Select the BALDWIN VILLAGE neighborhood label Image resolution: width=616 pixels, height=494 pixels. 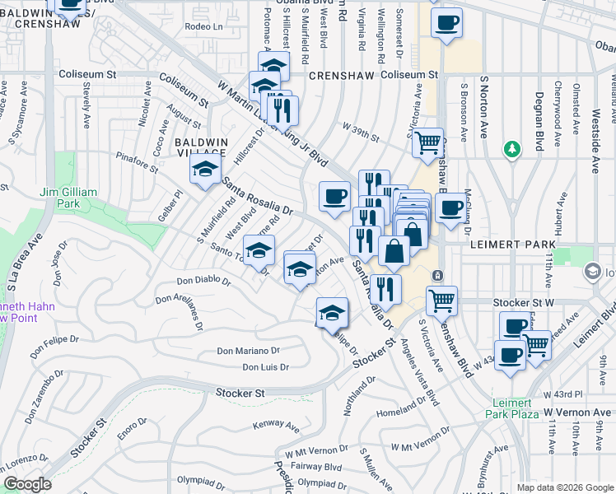pyautogui.click(x=200, y=147)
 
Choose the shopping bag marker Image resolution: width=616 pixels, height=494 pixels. pyautogui.click(x=394, y=252)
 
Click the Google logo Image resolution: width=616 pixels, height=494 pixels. pyautogui.click(x=27, y=484)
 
